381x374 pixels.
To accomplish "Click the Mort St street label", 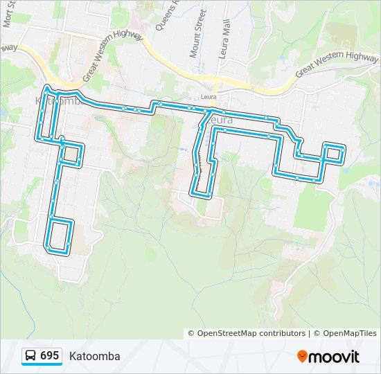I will point(9,14).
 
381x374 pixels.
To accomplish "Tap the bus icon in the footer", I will point(31,356).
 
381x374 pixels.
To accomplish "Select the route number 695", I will point(49,356).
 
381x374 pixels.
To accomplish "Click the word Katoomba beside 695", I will point(94,357).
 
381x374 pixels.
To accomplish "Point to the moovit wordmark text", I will point(334,357).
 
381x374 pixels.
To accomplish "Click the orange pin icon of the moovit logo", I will point(302,357).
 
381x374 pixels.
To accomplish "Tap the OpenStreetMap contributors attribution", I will point(247,333).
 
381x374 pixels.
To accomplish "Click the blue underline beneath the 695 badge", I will point(42,366).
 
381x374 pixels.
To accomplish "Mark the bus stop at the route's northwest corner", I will point(46,89).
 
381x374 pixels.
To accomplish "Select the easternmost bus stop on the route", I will point(343,150).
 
